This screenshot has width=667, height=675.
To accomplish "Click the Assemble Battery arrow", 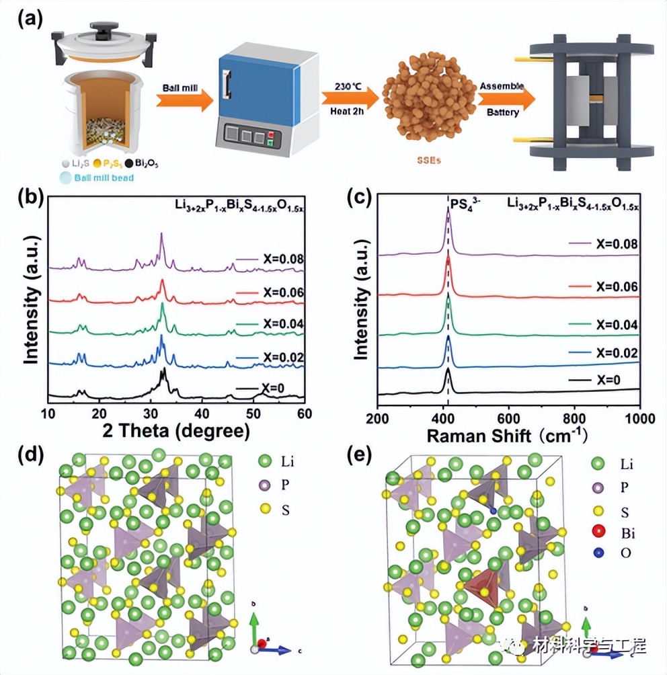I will coord(506,100).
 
